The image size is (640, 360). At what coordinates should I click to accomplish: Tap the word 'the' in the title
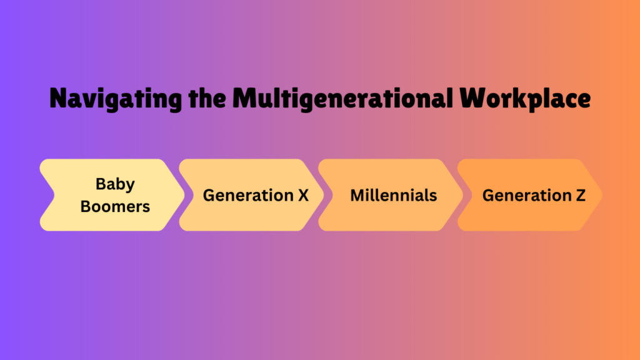pos(207,98)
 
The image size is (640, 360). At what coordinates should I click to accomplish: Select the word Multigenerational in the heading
pos(342,99)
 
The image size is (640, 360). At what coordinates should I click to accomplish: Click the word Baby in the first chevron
pos(115,184)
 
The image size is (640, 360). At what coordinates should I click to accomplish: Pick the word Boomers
pos(115,206)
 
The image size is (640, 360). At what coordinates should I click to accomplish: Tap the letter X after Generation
pos(303,196)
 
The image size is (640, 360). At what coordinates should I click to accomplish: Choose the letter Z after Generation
pos(581,196)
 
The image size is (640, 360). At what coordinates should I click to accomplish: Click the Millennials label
pos(394,196)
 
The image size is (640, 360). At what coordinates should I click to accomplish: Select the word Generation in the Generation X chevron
pos(248,196)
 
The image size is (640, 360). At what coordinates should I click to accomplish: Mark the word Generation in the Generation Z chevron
pos(527,196)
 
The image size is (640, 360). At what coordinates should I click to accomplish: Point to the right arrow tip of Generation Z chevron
pos(602,195)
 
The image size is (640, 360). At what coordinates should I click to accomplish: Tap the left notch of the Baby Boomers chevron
pos(54,195)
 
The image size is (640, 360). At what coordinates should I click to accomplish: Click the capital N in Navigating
pos(58,98)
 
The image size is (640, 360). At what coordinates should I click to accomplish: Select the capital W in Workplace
pos(474,98)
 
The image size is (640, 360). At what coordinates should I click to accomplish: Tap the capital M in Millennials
pos(357,196)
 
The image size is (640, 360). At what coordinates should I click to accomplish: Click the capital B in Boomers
pos(85,206)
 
